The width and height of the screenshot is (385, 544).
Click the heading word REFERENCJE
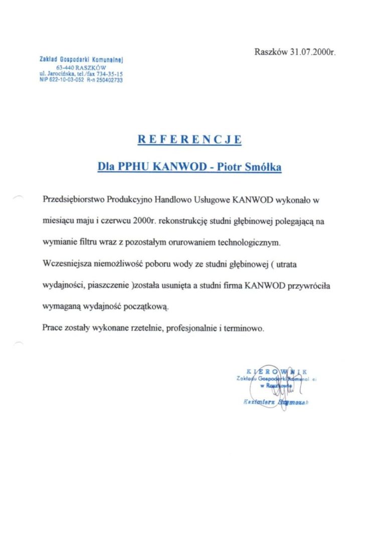189,139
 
